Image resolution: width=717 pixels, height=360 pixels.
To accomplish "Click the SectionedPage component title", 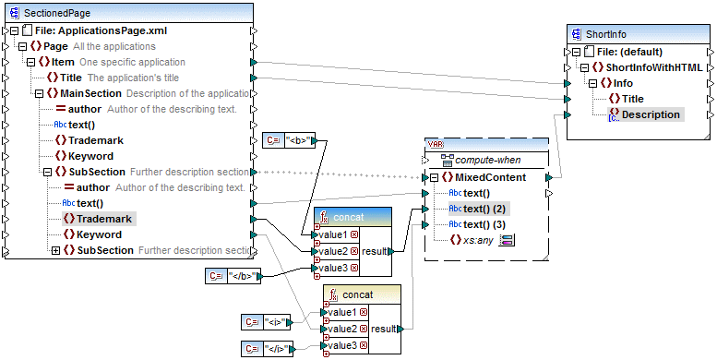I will (57, 13).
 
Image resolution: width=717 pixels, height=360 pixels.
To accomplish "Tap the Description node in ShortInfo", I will (651, 114).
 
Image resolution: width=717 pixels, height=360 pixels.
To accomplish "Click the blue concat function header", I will (347, 216).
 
